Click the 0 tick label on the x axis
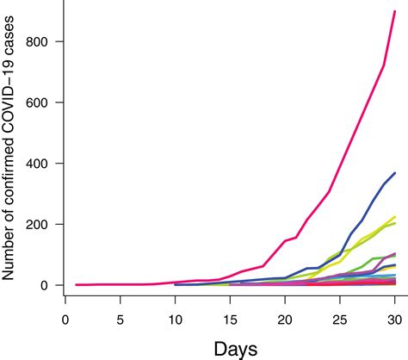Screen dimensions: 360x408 pos(65,318)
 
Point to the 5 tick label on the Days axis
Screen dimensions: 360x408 pos(121,318)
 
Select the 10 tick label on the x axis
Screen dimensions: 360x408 pos(175,318)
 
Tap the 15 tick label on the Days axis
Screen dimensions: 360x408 pos(230,318)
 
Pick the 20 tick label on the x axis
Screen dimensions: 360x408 pos(285,318)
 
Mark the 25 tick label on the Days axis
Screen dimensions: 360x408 pos(340,318)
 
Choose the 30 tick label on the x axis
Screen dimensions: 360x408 pos(394,318)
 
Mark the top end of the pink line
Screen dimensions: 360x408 pos(394,12)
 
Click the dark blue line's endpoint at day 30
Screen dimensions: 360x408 pos(394,173)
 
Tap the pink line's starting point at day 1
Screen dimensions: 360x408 pos(77,284)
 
